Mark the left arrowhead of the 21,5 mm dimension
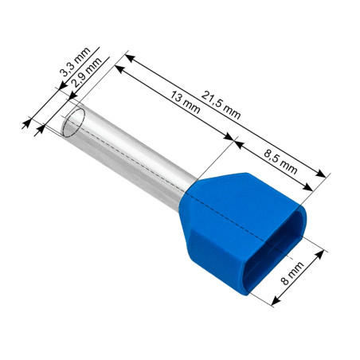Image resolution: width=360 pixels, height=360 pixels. pos(128,58)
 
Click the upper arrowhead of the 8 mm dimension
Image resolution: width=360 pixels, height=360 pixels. pos(324,253)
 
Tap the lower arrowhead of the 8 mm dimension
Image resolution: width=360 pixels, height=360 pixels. pos(275,302)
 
